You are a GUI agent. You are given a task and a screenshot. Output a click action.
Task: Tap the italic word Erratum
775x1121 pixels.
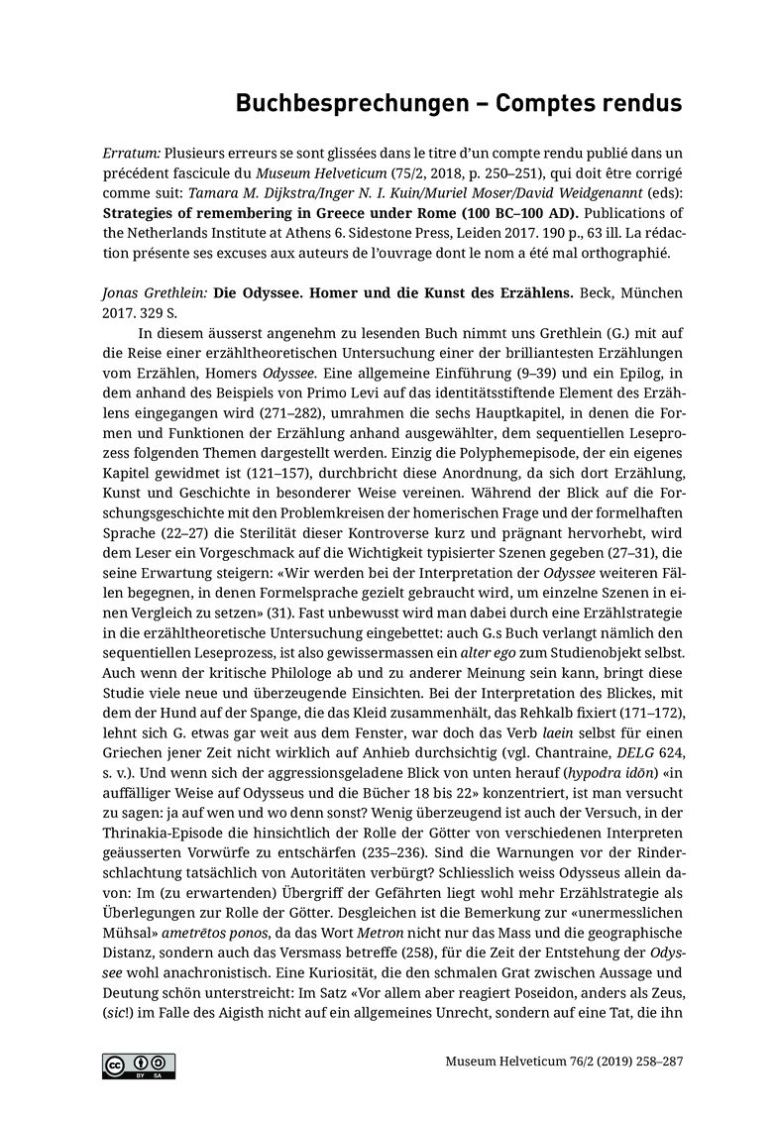pos(131,155)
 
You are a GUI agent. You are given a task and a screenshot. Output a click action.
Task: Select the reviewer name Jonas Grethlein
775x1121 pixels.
pos(150,294)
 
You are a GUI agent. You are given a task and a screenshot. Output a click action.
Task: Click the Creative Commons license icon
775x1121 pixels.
pos(139,1065)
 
